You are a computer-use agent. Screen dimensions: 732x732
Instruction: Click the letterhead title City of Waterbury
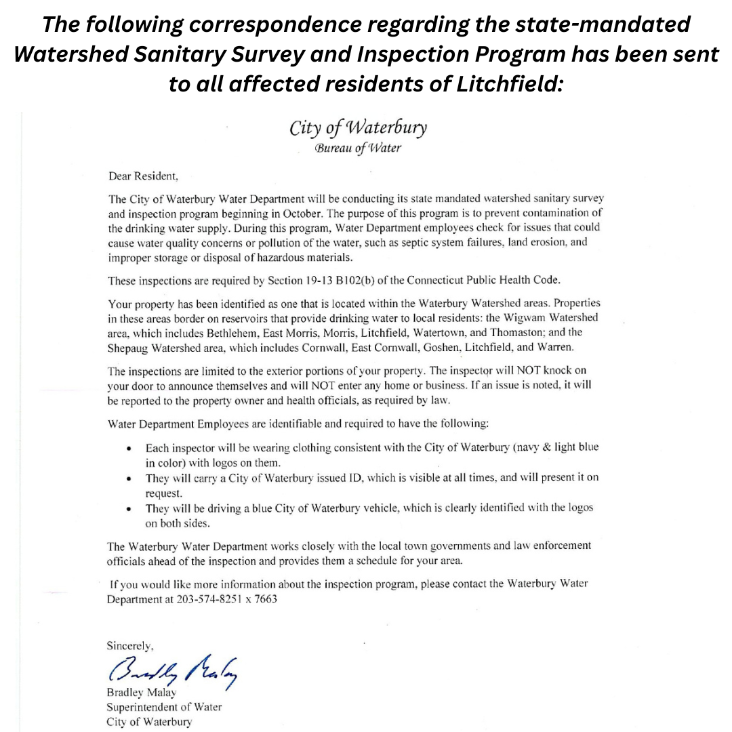point(358,128)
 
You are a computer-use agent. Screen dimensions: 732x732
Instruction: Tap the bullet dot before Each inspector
point(129,449)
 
